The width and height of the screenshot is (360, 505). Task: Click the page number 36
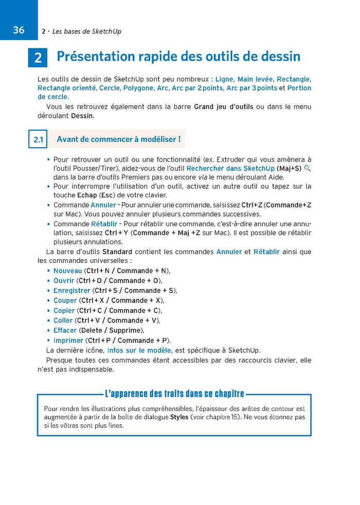[x=19, y=30]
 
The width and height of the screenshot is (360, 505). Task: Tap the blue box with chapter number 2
[x=38, y=58]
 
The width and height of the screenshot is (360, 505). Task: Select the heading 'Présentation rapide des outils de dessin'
[x=178, y=57]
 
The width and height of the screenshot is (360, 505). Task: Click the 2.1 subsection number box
[x=38, y=139]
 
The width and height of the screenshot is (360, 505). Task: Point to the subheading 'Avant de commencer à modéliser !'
[x=118, y=139]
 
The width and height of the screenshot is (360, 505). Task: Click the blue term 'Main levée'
[x=255, y=79]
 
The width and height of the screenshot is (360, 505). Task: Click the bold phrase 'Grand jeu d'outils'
[x=223, y=107]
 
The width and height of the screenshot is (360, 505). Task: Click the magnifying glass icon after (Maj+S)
[x=308, y=168]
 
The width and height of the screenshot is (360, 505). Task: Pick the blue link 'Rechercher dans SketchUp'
[x=230, y=169]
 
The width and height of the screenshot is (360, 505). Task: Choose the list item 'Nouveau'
[x=67, y=271]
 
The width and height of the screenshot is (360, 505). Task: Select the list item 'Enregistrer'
[x=71, y=291]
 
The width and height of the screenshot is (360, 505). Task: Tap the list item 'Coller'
[x=63, y=320]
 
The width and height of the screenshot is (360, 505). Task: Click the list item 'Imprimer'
[x=68, y=340]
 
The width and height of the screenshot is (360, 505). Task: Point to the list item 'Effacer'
[x=65, y=330]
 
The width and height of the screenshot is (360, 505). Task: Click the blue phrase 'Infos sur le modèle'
[x=139, y=351]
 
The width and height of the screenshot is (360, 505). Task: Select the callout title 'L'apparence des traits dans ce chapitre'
[x=174, y=394]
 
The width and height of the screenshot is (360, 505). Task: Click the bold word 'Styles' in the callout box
[x=179, y=417]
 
